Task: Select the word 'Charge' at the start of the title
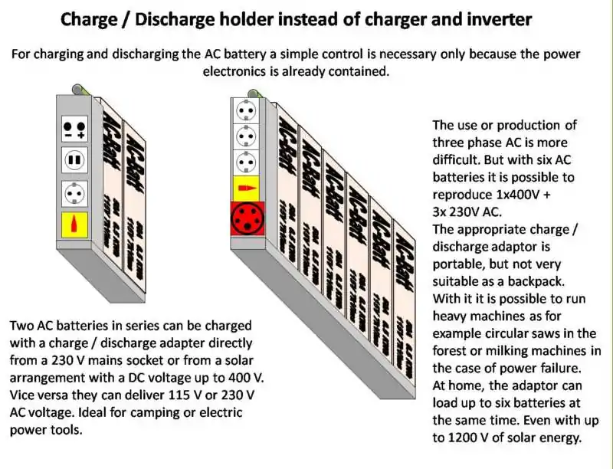(x=90, y=20)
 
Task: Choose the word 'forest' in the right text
(x=451, y=350)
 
